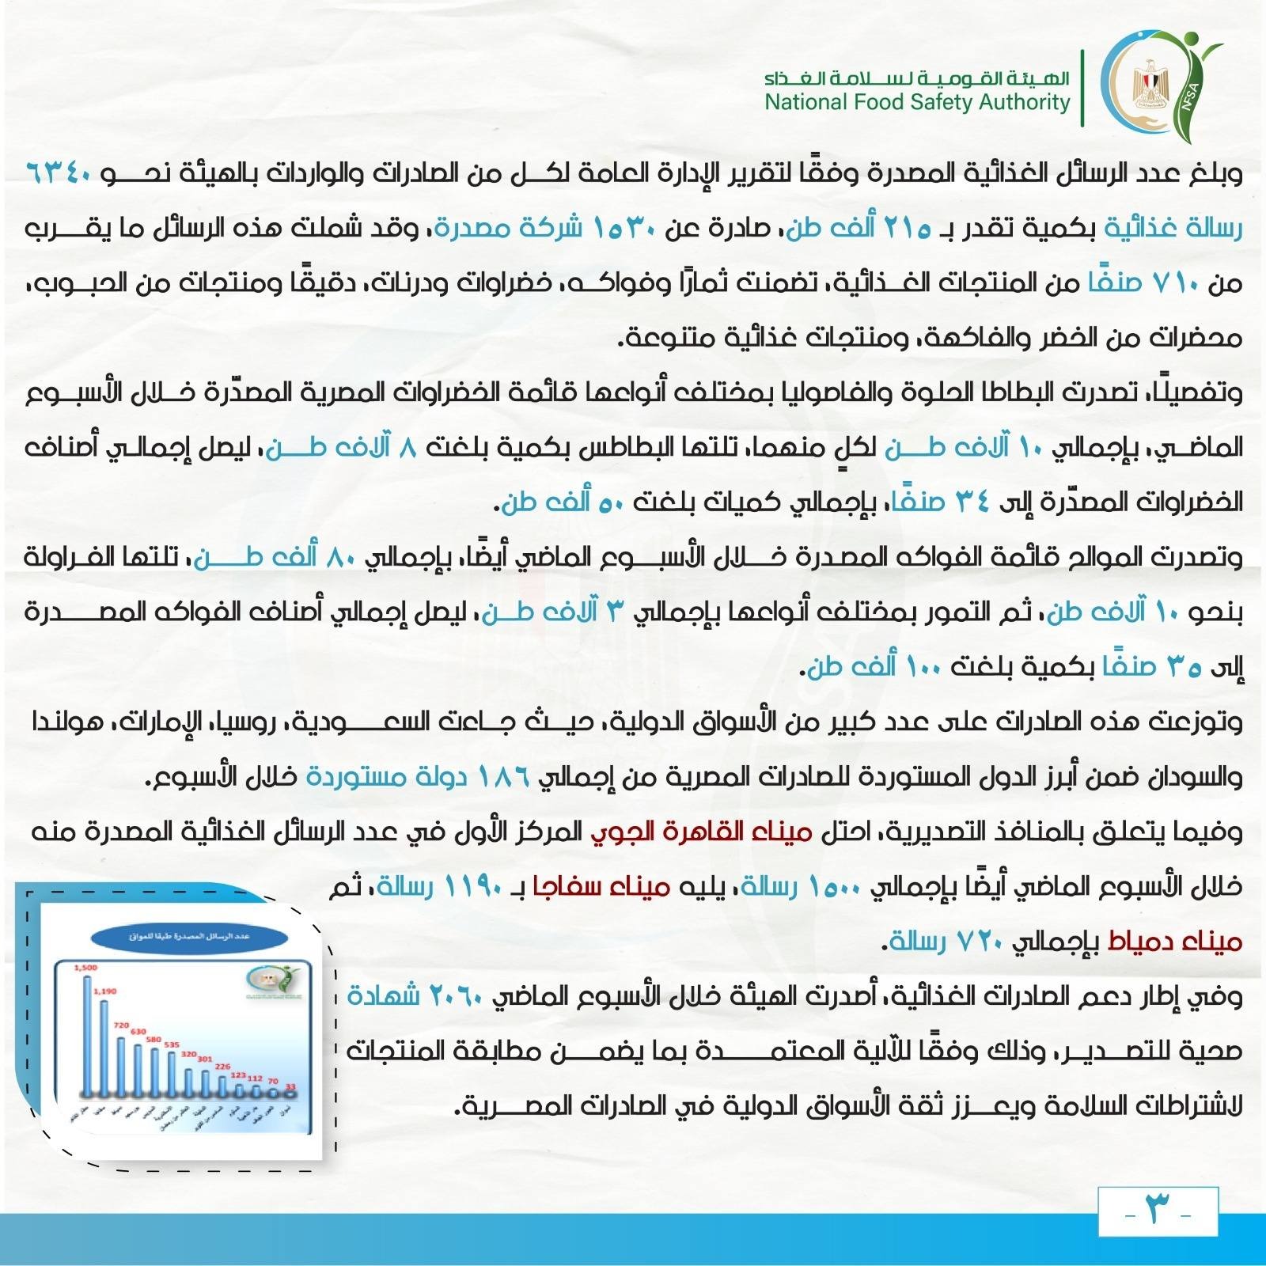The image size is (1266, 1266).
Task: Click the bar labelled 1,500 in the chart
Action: click(x=87, y=1033)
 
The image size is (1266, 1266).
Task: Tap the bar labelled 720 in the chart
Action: click(x=121, y=1064)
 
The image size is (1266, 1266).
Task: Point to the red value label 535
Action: click(x=172, y=1045)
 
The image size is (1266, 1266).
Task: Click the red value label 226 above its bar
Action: click(x=222, y=1067)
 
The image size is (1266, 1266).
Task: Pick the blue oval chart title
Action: click(x=189, y=936)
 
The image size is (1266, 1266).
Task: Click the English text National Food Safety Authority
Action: click(x=917, y=103)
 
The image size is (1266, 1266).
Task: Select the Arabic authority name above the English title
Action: click(x=917, y=78)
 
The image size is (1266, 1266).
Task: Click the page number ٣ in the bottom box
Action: click(x=1158, y=1211)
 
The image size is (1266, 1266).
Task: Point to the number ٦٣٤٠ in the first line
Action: click(x=61, y=172)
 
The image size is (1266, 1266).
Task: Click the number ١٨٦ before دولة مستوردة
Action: click(x=504, y=776)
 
